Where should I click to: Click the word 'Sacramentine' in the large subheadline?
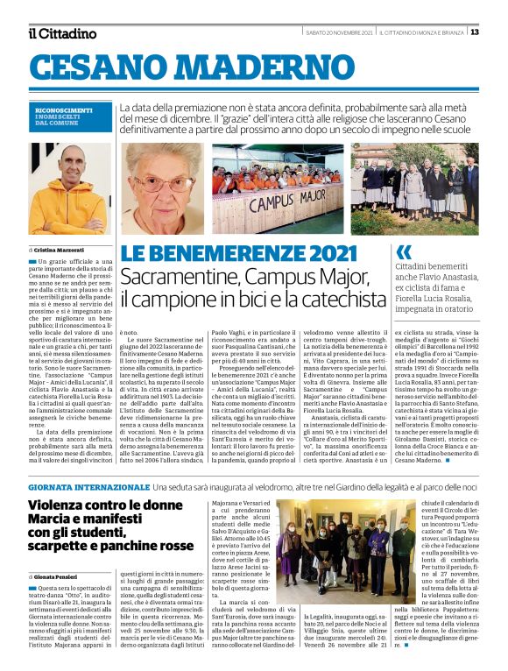178,278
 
